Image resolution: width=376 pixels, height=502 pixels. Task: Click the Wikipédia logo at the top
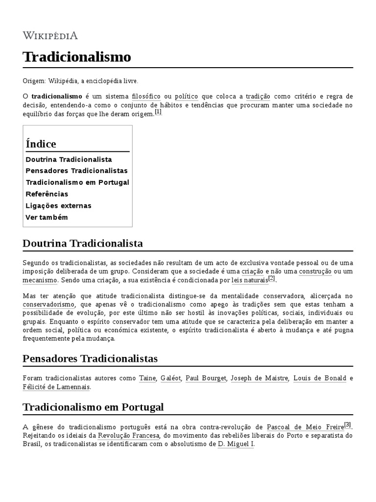(50, 35)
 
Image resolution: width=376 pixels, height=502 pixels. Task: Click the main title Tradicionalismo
(77, 57)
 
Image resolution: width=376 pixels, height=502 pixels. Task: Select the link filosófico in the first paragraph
(146, 96)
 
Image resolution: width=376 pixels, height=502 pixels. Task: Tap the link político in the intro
(186, 96)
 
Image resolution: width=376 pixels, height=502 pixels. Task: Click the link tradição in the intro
(258, 96)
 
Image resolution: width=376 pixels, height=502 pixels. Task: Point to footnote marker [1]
(158, 112)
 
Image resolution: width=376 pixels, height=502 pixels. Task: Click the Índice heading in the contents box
(41, 144)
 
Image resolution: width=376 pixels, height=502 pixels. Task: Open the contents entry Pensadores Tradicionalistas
(76, 171)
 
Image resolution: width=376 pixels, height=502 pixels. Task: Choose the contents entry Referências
(47, 194)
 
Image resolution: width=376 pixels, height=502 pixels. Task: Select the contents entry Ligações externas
(58, 205)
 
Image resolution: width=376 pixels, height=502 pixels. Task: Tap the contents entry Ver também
(47, 217)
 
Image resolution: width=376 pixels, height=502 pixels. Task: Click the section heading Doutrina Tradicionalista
(83, 243)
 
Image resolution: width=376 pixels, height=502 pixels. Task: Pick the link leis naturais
(250, 280)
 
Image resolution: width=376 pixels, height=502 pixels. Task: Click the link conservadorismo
(48, 304)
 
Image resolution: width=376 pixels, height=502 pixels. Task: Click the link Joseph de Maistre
(259, 378)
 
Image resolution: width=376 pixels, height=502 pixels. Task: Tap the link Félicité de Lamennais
(56, 387)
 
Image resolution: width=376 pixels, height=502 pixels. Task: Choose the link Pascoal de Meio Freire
(305, 427)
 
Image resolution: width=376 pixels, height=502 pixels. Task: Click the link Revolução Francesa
(129, 435)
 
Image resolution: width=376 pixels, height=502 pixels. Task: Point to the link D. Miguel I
(235, 444)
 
